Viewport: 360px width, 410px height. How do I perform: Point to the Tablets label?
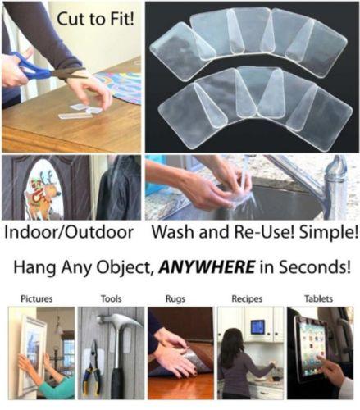[x=320, y=298]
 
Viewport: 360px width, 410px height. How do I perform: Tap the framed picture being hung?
[x=31, y=348]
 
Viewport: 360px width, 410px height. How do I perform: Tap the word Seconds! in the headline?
[x=311, y=266]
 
